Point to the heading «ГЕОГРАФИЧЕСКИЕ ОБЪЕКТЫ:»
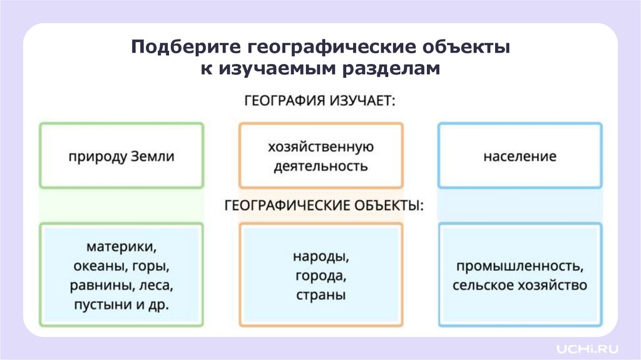click(x=320, y=205)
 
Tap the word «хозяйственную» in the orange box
click(x=320, y=147)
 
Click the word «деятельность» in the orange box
click(x=320, y=166)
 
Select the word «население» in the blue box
click(x=520, y=156)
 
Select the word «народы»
click(x=320, y=257)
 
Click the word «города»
click(x=320, y=276)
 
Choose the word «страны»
click(x=320, y=295)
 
